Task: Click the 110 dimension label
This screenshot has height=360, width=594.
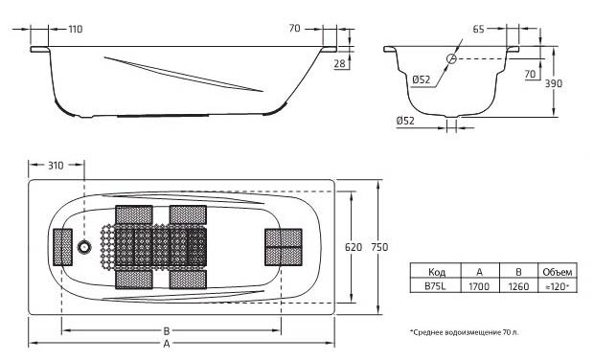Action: coord(76,29)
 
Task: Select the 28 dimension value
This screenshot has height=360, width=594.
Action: coord(340,63)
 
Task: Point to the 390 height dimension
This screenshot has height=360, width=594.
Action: coord(554,83)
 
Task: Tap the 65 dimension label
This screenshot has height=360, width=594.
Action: coord(478,29)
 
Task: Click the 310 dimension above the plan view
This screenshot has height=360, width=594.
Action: coord(56,166)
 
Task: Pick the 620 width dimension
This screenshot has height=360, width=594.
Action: coord(354,247)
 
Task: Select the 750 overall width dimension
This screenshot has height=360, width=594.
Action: coord(379,247)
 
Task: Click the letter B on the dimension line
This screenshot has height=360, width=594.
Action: coord(167,331)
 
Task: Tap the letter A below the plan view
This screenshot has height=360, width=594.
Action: coord(167,344)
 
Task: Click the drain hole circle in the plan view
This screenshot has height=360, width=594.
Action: coord(84,247)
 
